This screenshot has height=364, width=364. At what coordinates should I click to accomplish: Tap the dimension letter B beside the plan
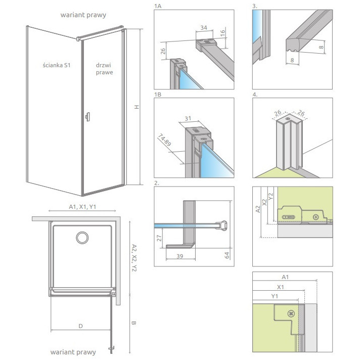coord(133,322)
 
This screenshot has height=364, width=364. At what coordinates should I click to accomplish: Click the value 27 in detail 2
coord(159,237)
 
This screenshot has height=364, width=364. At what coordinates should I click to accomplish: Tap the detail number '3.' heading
coord(255,6)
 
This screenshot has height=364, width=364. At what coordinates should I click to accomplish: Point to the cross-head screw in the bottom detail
coord(291,313)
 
